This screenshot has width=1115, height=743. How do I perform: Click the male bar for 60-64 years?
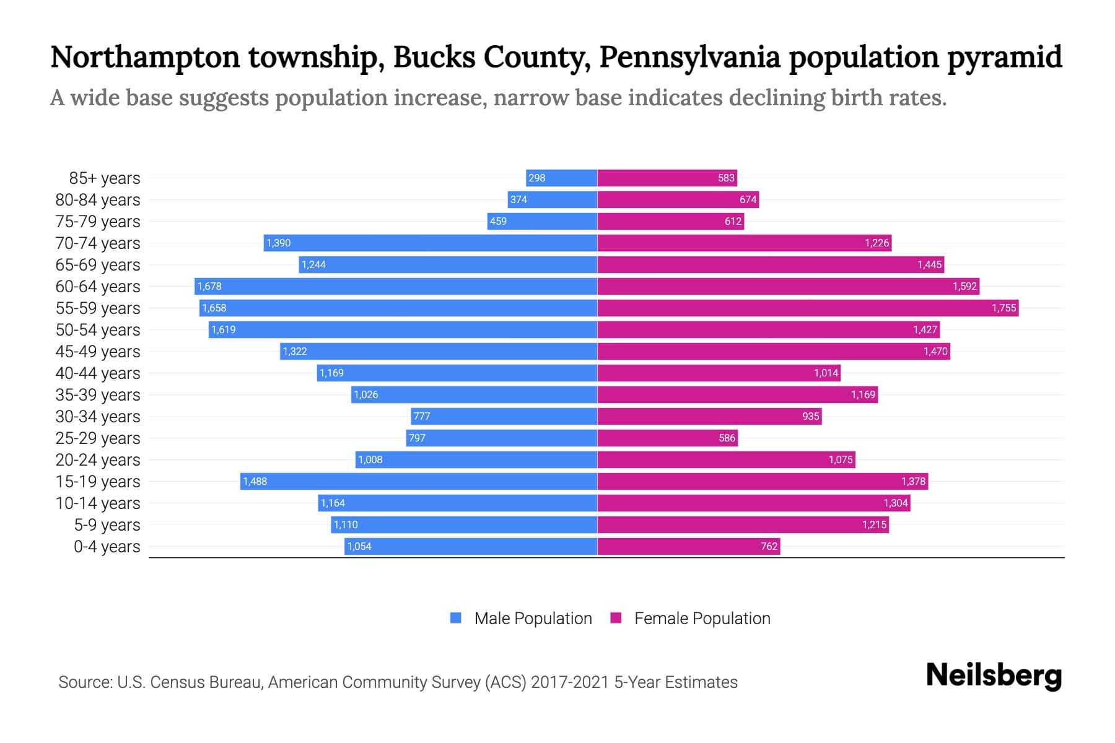click(396, 286)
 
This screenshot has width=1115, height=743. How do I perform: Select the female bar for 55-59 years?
click(808, 308)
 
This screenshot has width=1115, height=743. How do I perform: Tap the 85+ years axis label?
click(105, 178)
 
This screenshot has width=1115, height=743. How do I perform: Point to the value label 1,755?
click(1003, 308)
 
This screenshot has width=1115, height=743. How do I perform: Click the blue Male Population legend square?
click(456, 618)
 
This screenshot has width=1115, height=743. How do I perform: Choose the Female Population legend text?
click(702, 618)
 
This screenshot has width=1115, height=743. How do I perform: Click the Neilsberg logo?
click(994, 676)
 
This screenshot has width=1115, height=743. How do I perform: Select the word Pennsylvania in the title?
click(689, 57)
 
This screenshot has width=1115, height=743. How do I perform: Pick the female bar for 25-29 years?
click(667, 438)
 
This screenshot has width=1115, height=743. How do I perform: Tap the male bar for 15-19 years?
click(419, 481)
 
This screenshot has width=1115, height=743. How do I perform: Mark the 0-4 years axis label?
click(107, 547)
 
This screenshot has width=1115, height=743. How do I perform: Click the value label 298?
click(536, 178)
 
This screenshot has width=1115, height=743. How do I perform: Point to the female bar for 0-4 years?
click(688, 546)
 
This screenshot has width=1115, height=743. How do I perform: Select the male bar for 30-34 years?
click(504, 416)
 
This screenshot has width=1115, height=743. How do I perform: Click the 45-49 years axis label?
click(98, 352)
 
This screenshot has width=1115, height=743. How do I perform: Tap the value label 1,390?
click(278, 243)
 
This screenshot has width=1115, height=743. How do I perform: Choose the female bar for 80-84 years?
click(678, 199)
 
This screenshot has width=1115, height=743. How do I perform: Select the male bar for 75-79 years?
click(542, 221)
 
